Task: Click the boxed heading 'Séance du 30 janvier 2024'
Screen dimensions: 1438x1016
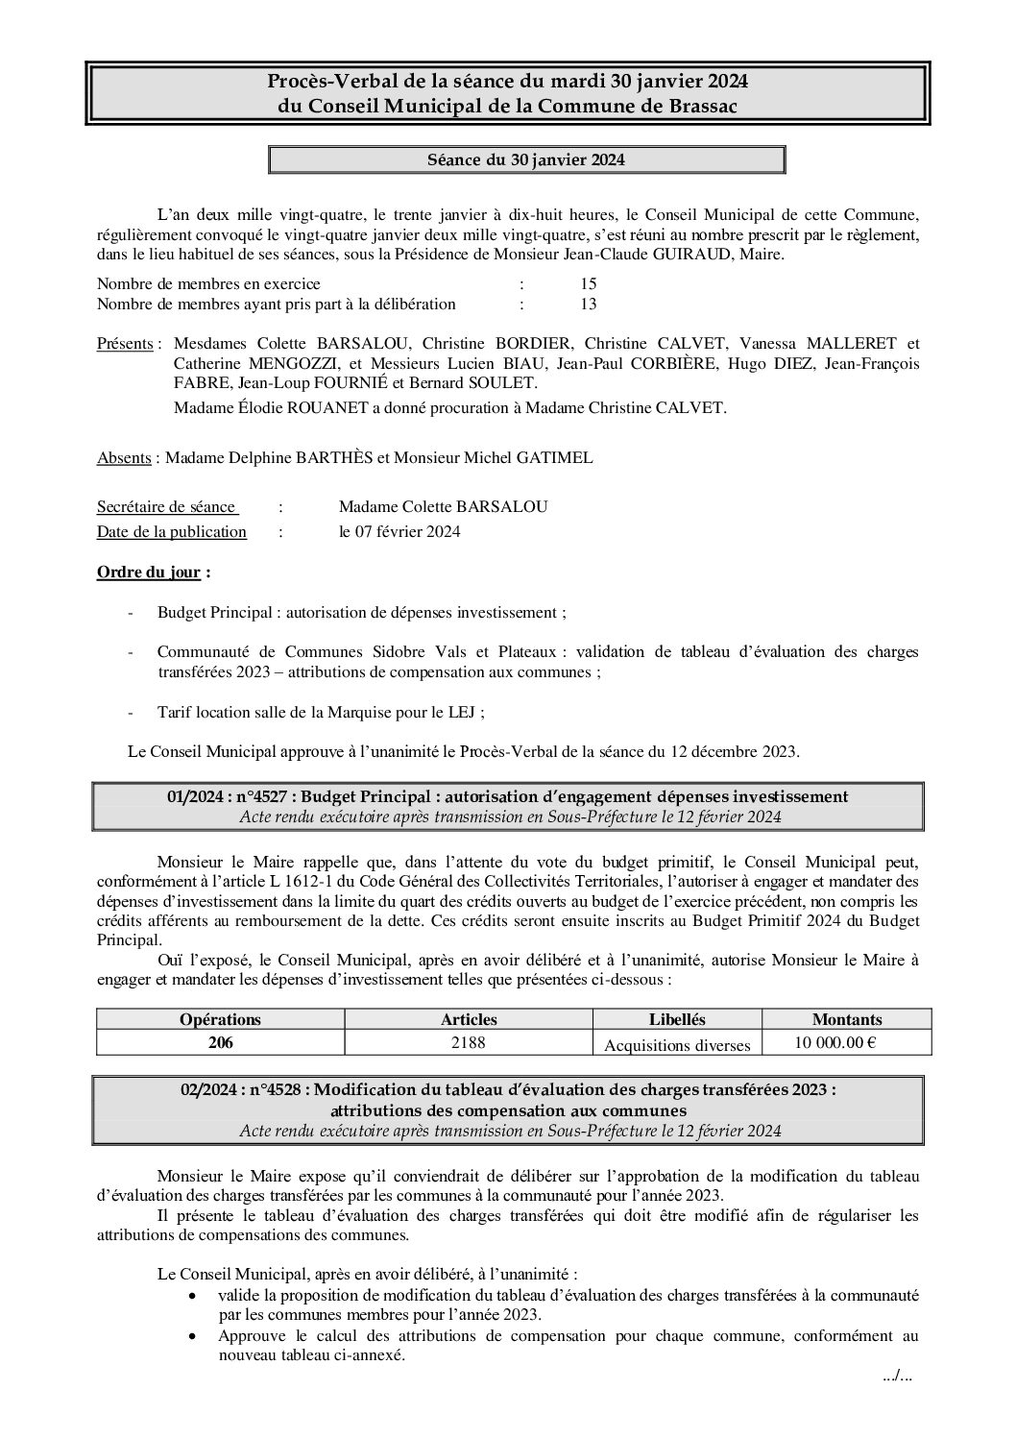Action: [x=526, y=160]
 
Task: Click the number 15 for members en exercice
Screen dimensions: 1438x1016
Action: [x=589, y=284]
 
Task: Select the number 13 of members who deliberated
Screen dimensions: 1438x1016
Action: [x=589, y=305]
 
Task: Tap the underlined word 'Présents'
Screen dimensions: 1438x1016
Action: [x=125, y=344]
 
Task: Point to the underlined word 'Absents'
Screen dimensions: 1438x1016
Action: [x=124, y=458]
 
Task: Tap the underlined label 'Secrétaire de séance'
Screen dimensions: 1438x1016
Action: [x=166, y=507]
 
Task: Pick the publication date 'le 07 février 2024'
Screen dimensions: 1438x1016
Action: [x=399, y=532]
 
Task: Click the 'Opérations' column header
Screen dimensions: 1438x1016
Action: [x=220, y=1019]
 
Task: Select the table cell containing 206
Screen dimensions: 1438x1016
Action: [x=220, y=1042]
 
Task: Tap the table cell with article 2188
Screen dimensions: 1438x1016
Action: [x=469, y=1042]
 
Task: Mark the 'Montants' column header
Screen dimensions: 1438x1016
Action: [x=847, y=1019]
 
